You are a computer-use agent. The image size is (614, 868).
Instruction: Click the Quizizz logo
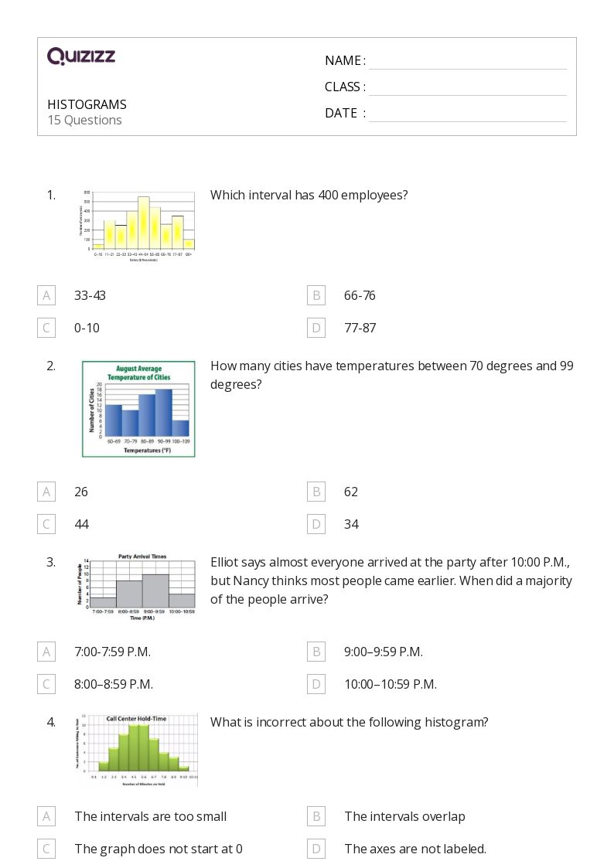(81, 56)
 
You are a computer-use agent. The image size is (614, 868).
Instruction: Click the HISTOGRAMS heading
(87, 104)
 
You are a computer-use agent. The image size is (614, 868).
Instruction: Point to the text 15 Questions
(84, 120)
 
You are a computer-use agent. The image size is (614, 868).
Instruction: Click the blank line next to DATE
(467, 114)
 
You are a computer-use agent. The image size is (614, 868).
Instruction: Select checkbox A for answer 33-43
(46, 295)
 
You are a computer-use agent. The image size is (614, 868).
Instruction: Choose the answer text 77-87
(360, 328)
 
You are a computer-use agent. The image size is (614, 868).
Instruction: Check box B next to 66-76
(316, 295)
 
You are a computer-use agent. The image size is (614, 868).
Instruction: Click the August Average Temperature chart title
(138, 373)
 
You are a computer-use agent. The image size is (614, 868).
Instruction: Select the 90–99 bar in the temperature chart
(163, 414)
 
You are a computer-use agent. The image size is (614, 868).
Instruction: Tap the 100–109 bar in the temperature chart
(180, 428)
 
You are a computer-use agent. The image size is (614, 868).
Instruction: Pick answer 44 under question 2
(81, 524)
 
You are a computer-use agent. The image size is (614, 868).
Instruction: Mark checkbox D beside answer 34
(316, 524)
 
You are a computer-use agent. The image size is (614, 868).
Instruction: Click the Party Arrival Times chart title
(142, 557)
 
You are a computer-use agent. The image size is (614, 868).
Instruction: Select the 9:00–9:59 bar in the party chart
(155, 591)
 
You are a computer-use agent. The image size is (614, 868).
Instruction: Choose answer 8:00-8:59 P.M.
(114, 684)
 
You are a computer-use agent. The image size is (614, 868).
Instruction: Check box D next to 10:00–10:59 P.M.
(316, 684)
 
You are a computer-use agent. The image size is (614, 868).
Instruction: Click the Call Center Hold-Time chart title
(136, 718)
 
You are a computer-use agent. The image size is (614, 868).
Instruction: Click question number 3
(51, 562)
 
